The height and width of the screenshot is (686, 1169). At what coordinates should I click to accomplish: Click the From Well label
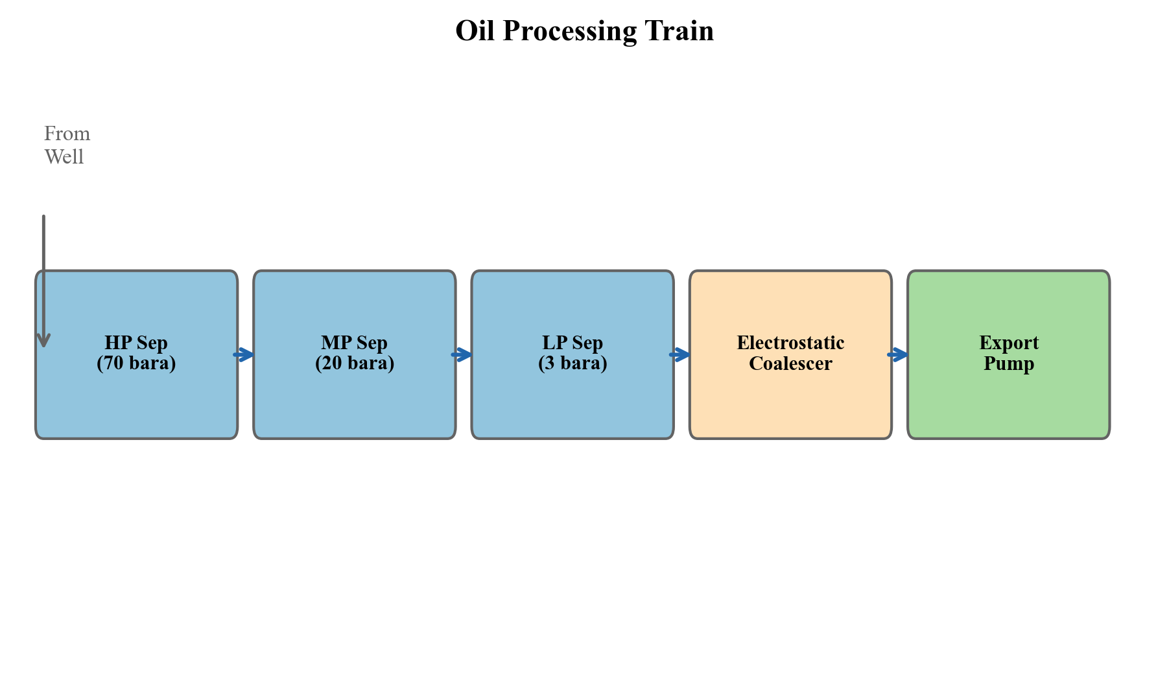66,145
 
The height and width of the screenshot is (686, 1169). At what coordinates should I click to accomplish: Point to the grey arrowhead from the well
43,340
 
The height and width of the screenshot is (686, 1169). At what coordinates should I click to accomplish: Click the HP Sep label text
136,343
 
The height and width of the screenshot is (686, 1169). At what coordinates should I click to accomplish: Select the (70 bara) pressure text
136,363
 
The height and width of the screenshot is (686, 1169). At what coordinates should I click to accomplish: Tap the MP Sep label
354,343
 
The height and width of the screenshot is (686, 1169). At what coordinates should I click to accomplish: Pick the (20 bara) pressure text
355,363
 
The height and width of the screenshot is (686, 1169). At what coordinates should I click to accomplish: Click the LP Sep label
573,343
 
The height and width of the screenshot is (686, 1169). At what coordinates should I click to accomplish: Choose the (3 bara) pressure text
573,363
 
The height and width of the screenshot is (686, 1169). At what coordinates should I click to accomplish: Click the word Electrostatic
790,343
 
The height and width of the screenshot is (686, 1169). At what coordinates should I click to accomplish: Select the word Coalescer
790,363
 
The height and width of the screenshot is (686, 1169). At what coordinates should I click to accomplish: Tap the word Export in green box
1009,343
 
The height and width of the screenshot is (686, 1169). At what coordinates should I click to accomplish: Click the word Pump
1009,363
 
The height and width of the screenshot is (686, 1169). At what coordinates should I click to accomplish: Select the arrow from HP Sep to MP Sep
244,354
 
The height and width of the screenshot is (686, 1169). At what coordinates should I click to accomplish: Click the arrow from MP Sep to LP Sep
462,354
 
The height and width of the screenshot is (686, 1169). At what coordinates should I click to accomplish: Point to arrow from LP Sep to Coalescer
680,354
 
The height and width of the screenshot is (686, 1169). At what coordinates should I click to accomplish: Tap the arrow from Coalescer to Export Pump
899,354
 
